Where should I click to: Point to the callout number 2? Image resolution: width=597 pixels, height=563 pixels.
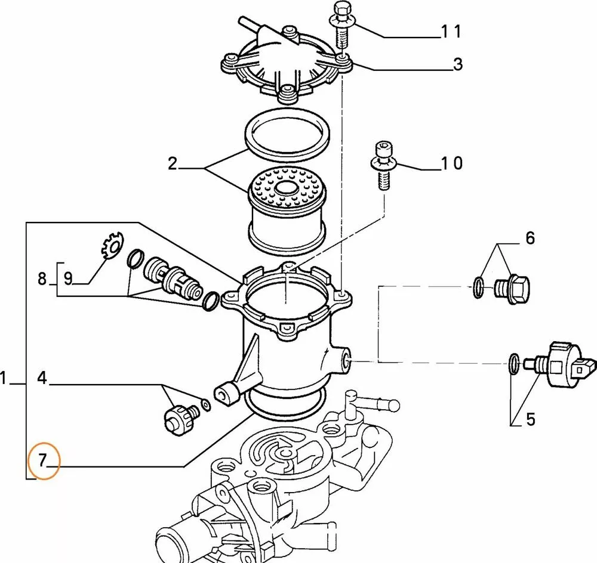click(173, 163)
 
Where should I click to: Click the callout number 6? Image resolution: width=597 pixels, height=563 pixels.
click(530, 239)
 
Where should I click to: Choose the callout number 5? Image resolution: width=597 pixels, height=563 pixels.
click(530, 420)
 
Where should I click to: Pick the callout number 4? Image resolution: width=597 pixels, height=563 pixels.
click(41, 378)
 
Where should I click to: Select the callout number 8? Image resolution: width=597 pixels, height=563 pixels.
click(42, 278)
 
